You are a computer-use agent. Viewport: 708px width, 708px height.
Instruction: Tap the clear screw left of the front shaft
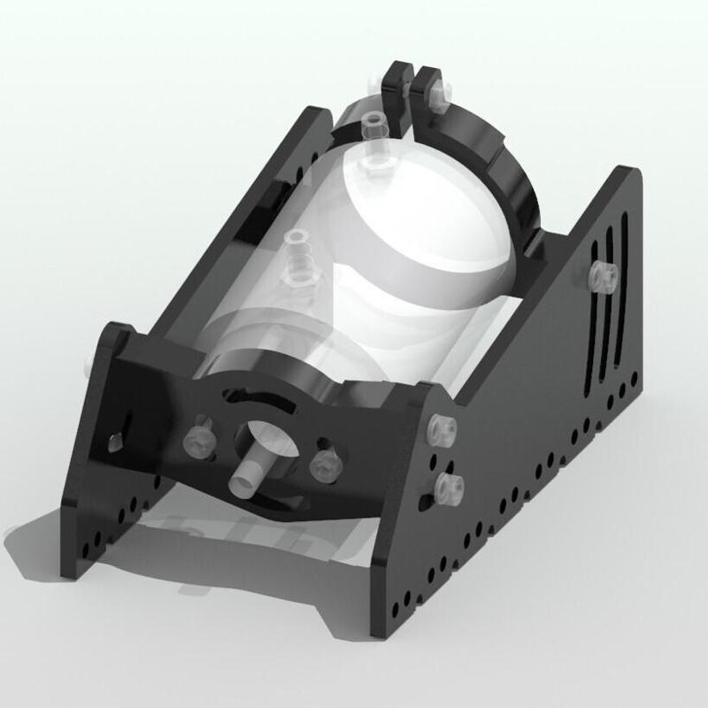pyautogui.click(x=196, y=440)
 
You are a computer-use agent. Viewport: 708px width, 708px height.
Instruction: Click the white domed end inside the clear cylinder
pyautogui.click(x=416, y=230)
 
